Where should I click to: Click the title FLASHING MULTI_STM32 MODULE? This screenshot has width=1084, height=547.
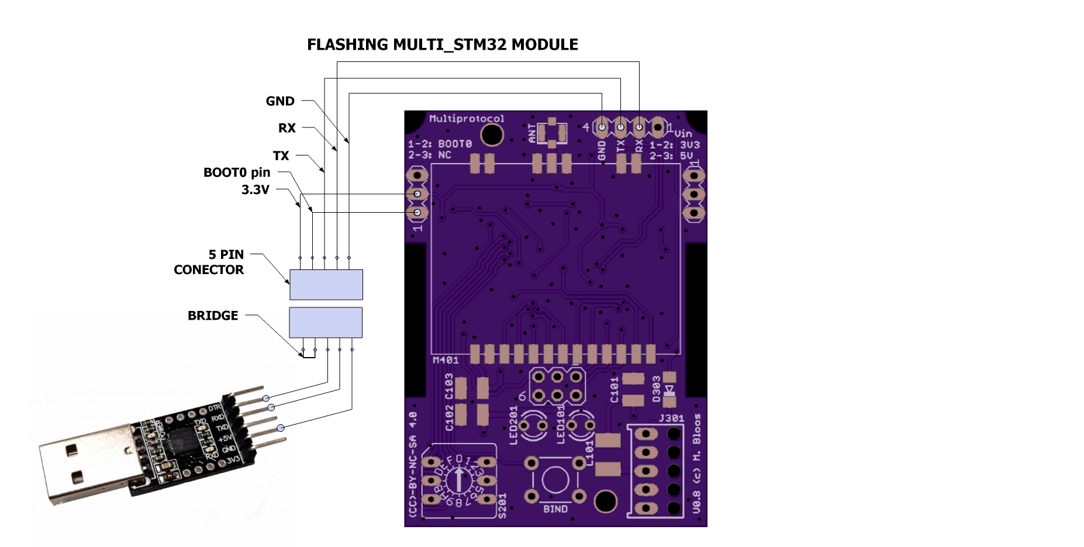coord(442,45)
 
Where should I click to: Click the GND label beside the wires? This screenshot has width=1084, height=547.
coord(280,101)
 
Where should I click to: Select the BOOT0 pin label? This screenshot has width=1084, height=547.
coord(236,172)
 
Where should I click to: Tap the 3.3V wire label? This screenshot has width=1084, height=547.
coord(255,189)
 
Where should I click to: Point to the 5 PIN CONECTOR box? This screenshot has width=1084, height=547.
coord(326,285)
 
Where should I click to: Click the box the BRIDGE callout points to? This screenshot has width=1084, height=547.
coord(326,323)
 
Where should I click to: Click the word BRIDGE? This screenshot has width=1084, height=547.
coord(213,316)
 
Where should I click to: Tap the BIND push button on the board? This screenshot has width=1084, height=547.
coord(555,480)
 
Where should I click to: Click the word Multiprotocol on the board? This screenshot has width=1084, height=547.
coord(466,119)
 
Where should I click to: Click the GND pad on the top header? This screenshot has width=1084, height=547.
coord(602,127)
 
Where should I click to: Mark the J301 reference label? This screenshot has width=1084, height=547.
coord(671,418)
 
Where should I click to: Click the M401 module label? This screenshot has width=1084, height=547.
coord(445,360)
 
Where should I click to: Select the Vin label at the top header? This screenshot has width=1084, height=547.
coord(682,133)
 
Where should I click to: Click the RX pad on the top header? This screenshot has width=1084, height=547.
coord(639,127)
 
